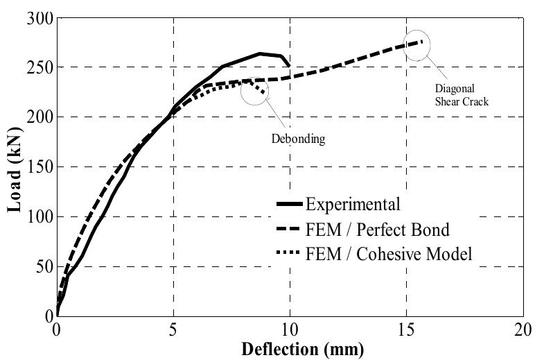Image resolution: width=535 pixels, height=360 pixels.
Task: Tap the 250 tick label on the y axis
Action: point(39,68)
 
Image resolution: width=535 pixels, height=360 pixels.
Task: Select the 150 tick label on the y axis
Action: point(39,167)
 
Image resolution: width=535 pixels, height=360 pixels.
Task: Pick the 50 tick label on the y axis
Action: point(42,267)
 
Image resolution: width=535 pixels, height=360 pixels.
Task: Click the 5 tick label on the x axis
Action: point(173,329)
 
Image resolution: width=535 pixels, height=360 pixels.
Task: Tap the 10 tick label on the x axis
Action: point(290,329)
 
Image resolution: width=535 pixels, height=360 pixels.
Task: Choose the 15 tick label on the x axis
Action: point(406,329)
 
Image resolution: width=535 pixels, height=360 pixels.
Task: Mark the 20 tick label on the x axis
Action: point(523,329)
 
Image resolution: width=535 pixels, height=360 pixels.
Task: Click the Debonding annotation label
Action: point(298,138)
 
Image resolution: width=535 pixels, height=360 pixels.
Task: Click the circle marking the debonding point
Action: point(255,91)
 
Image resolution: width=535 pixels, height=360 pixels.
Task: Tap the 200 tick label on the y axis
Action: point(39,117)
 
